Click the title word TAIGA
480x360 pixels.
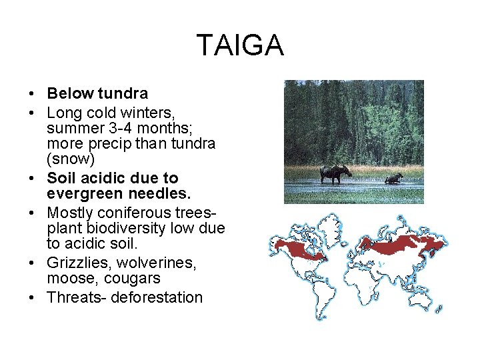click(x=240, y=45)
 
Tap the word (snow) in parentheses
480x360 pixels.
click(x=71, y=161)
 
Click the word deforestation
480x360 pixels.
click(x=156, y=297)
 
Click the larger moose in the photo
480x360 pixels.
click(x=335, y=173)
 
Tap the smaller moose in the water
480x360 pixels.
click(x=394, y=178)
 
